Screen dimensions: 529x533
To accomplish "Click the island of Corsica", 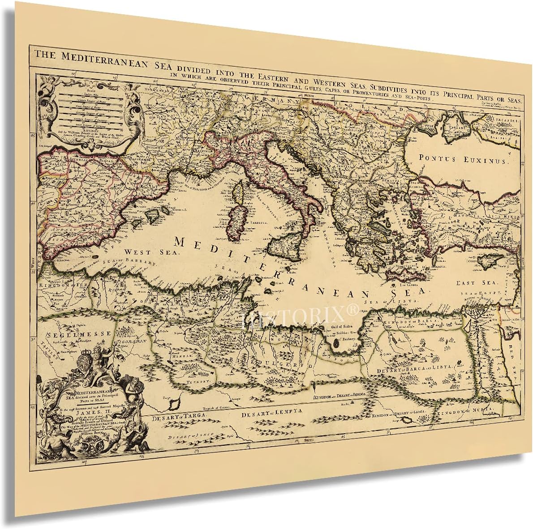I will coord(240,193).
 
